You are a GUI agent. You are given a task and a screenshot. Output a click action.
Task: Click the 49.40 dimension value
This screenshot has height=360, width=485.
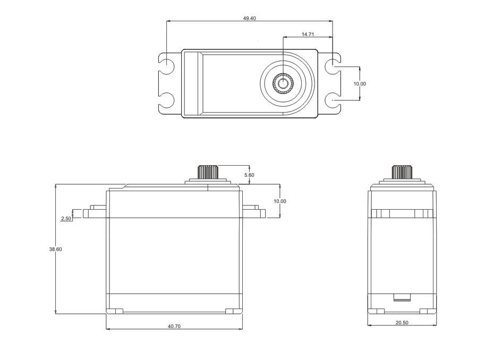click(249, 18)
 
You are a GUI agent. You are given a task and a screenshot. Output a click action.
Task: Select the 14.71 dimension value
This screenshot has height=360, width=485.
click(308, 35)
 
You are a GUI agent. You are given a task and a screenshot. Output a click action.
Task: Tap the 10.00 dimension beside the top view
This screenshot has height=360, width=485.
click(360, 83)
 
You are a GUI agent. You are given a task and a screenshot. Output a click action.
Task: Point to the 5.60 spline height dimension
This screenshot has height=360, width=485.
click(249, 175)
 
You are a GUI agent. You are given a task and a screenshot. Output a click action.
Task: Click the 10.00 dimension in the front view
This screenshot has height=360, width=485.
click(279, 201)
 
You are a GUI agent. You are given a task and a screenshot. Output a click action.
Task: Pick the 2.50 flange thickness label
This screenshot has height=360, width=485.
click(66, 218)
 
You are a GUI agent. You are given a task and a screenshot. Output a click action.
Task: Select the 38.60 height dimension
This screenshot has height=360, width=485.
click(55, 249)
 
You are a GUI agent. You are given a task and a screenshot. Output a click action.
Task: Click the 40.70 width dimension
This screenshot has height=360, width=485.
click(174, 326)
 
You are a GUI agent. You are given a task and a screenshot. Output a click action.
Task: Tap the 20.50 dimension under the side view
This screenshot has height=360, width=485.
click(402, 323)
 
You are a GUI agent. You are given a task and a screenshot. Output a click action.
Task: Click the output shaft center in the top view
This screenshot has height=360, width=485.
click(283, 83)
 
